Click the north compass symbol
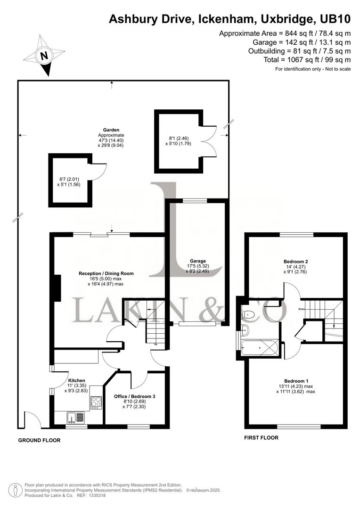point(45,56)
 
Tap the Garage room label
point(198,261)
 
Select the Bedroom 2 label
point(296,262)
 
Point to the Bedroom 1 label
point(296,381)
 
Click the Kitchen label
point(77,380)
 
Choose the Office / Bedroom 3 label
point(135,396)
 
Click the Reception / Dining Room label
point(106,273)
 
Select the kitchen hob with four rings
point(97,402)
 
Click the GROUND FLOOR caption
point(39,441)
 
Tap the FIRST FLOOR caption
point(261,438)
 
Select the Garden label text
point(112,130)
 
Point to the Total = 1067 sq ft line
point(307,59)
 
